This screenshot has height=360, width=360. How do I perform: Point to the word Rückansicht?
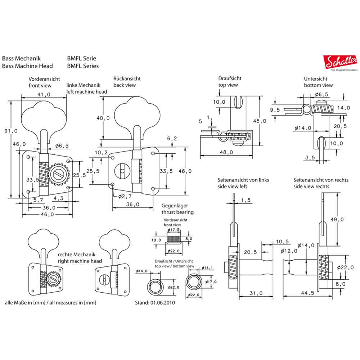(x=127, y=78)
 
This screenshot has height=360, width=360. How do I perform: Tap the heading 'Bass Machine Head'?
(x=27, y=66)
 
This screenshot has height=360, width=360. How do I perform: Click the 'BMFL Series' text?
(x=83, y=66)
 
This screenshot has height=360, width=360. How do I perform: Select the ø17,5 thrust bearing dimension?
(x=174, y=230)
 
